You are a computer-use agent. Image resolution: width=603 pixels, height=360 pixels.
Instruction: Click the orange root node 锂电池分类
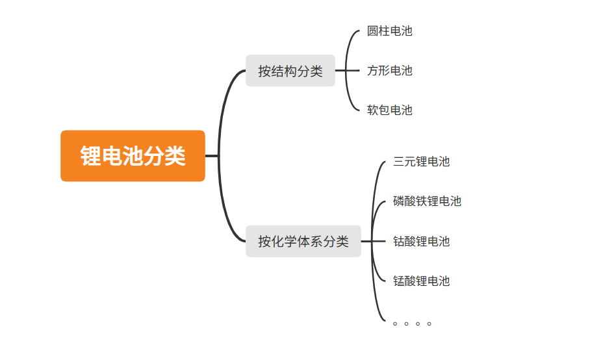point(133,156)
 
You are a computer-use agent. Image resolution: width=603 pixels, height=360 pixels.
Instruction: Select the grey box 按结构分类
point(290,71)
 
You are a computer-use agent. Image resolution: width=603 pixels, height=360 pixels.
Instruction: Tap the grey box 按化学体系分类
point(303,241)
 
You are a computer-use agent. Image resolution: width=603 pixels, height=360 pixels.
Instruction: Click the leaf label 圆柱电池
point(389,31)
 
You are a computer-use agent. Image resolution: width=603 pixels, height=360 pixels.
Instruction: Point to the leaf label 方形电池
point(389,70)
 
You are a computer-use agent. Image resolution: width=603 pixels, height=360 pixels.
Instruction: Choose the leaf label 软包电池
point(389,110)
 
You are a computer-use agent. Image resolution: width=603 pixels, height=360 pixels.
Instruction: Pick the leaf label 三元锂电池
point(421,162)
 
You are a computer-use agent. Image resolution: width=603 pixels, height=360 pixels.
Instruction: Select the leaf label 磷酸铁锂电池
point(427,201)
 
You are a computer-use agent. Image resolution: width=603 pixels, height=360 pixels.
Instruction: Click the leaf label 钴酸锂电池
point(421,241)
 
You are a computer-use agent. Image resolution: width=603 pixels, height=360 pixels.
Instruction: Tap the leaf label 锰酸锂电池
point(421,281)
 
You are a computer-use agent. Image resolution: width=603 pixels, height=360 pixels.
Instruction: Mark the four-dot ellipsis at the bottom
point(412,323)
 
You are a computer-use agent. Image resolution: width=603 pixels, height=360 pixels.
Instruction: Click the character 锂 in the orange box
point(90,156)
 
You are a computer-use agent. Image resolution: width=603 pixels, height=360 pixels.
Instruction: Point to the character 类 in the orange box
point(175,156)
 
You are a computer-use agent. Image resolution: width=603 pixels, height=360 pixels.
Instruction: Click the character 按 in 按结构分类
point(264,71)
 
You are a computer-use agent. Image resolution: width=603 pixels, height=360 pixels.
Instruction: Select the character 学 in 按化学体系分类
point(290,241)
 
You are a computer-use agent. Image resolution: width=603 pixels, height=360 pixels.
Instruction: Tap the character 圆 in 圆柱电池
point(372,31)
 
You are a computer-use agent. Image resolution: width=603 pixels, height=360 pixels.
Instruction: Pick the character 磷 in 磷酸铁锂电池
point(399,201)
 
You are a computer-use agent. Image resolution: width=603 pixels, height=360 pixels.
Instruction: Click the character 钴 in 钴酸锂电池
point(399,241)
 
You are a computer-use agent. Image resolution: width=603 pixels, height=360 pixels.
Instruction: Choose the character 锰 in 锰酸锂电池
point(399,281)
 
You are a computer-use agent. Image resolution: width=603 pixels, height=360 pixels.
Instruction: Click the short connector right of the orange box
point(212,156)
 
